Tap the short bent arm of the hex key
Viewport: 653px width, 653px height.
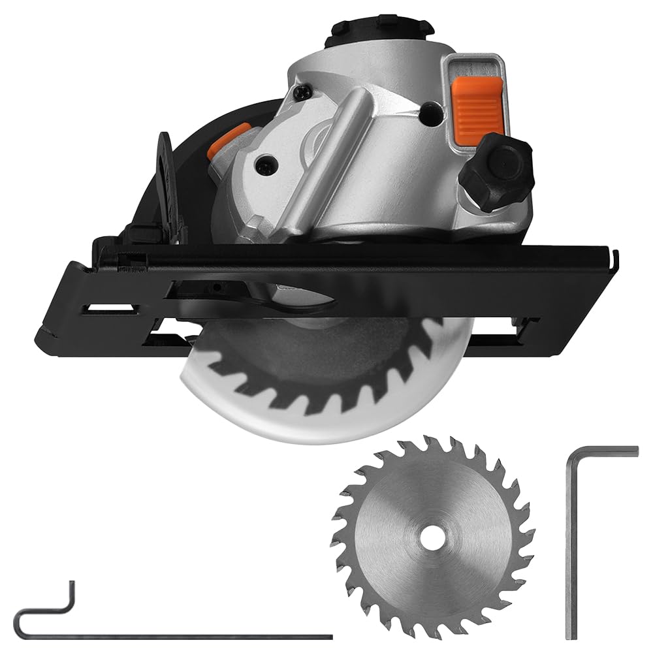pyautogui.click(x=604, y=451)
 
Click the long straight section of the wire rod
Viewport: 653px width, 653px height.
pyautogui.click(x=196, y=635)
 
